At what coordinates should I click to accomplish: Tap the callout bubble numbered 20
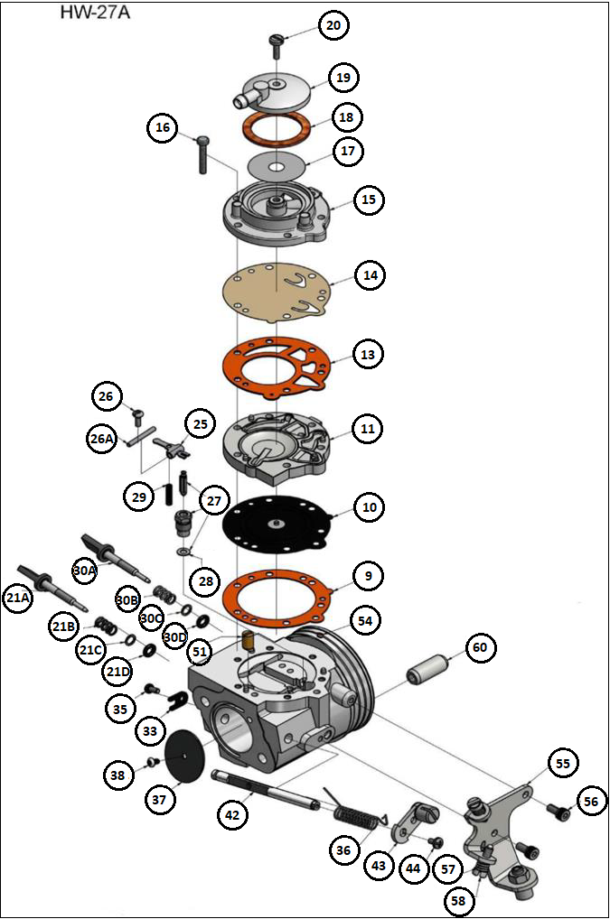pos(333,26)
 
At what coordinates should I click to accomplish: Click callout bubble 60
pos(480,647)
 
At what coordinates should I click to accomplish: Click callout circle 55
pos(563,764)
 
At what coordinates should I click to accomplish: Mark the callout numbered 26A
pos(102,440)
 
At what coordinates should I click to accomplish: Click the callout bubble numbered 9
pos(368,575)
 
